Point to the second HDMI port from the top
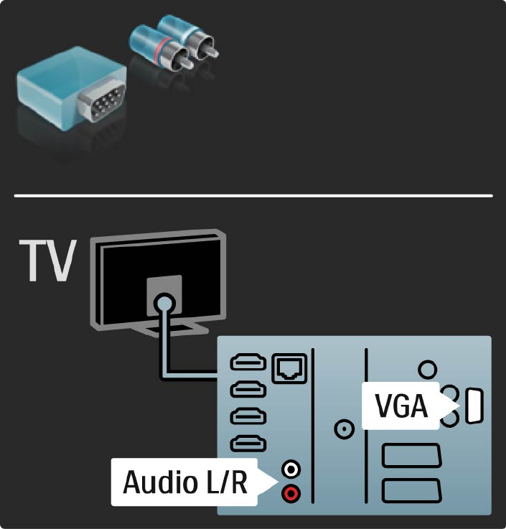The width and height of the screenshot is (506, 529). pyautogui.click(x=248, y=390)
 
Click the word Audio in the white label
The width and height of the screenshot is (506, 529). pyautogui.click(x=159, y=482)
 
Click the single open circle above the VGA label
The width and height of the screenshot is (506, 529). pyautogui.click(x=428, y=369)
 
